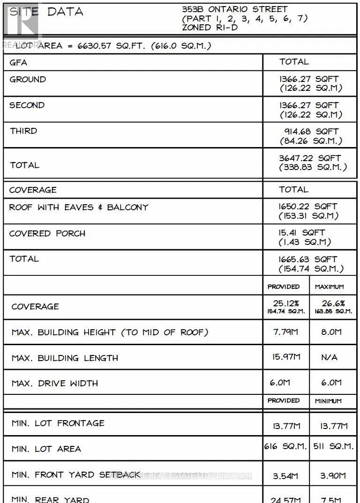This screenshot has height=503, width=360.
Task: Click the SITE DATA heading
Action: pyautogui.click(x=46, y=12)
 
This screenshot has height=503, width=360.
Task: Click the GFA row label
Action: pyautogui.click(x=18, y=62)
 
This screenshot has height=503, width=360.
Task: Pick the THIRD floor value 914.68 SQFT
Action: pyautogui.click(x=311, y=132)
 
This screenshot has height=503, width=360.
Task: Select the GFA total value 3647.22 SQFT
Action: pyautogui.click(x=310, y=158)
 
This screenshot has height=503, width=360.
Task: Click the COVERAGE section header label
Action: pyautogui.click(x=33, y=190)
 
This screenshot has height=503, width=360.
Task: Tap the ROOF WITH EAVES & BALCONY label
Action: pyautogui.click(x=79, y=207)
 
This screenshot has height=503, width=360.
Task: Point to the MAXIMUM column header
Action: pyautogui.click(x=329, y=287)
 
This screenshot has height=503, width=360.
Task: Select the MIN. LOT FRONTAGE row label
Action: pyautogui.click(x=58, y=423)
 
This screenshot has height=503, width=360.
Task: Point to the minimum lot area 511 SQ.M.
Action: pyautogui.click(x=334, y=446)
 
